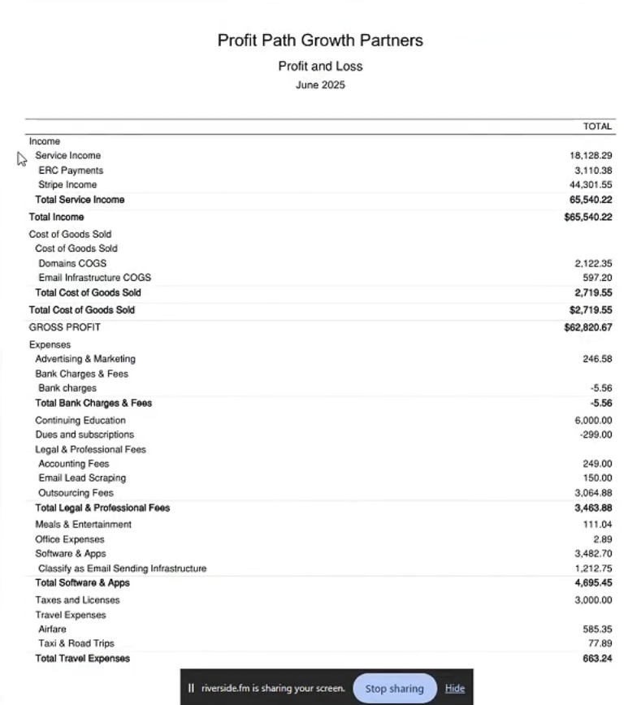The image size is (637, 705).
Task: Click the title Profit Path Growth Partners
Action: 320,40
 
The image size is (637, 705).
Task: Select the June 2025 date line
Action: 320,84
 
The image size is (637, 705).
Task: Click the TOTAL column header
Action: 597,127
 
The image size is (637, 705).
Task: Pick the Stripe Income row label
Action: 67,185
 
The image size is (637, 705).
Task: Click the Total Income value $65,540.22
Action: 587,218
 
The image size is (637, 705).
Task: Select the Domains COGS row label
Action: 72,263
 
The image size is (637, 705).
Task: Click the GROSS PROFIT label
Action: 65,327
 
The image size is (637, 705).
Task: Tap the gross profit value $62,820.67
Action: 587,328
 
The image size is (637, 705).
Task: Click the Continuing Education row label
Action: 80,421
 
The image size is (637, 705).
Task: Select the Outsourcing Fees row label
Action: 76,493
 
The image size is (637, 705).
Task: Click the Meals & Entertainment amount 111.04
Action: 597,525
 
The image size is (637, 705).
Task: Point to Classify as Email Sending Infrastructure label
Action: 122,569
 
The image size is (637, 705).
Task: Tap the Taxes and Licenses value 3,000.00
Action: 592,600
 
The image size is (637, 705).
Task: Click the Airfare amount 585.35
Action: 597,629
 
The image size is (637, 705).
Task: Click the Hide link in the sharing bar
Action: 455,689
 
